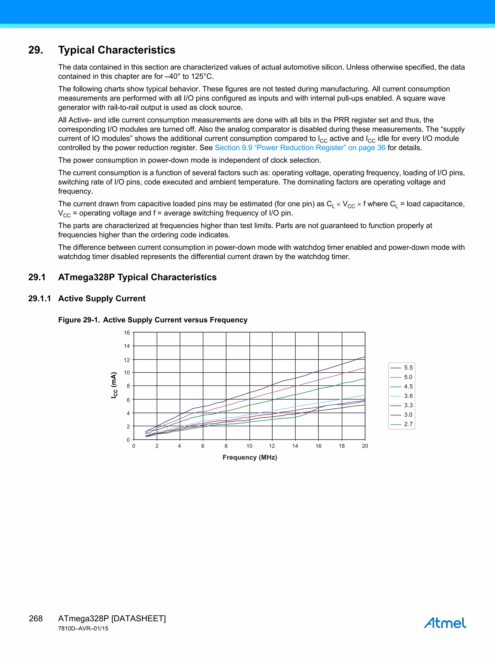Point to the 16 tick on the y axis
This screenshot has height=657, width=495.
click(x=127, y=333)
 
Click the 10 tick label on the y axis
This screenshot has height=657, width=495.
click(x=127, y=372)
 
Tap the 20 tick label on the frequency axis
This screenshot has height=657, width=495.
click(x=365, y=446)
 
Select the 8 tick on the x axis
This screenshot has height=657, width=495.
click(x=226, y=446)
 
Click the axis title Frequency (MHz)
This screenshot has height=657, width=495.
click(x=250, y=457)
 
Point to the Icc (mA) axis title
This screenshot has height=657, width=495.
click(x=114, y=385)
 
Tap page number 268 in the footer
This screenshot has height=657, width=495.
click(x=36, y=618)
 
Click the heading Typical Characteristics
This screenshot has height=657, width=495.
click(x=116, y=50)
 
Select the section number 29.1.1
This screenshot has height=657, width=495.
click(x=39, y=298)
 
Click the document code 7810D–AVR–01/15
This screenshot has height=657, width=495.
click(x=83, y=628)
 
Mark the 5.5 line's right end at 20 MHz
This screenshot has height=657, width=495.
click(x=364, y=357)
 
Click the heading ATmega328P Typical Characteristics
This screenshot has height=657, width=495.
click(x=137, y=277)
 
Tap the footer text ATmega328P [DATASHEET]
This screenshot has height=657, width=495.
click(x=112, y=618)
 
